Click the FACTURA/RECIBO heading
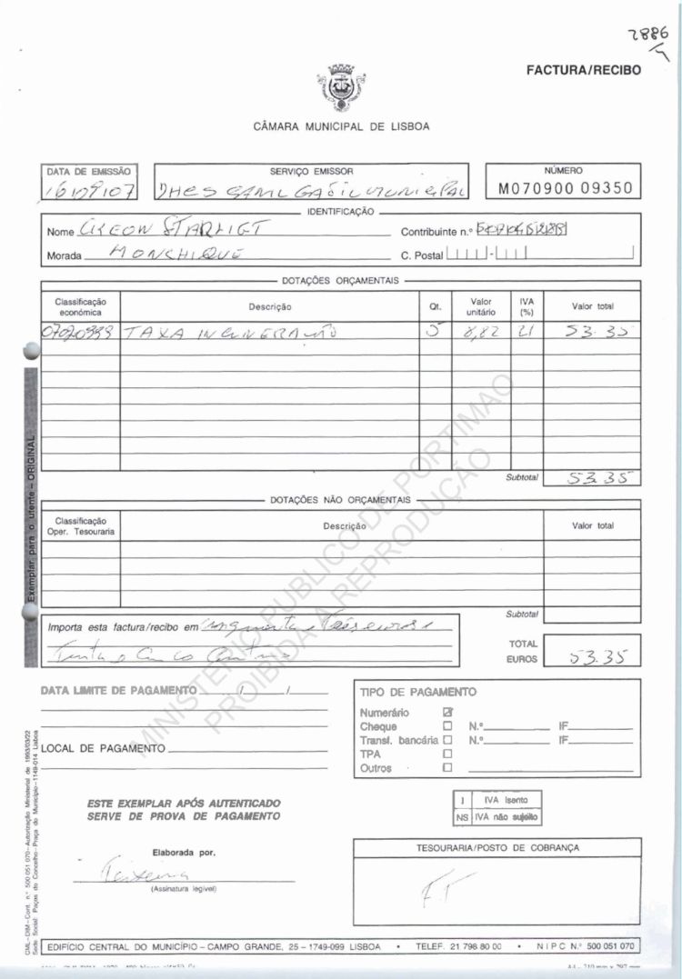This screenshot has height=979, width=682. (583, 70)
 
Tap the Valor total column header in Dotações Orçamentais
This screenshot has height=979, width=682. (592, 307)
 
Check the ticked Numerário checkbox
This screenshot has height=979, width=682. (446, 713)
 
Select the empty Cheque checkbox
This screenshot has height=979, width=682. (446, 726)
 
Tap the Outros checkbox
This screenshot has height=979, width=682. (446, 768)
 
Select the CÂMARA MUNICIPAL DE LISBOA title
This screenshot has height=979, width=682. (341, 126)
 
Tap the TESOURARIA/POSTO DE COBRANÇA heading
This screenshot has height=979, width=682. (496, 847)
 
